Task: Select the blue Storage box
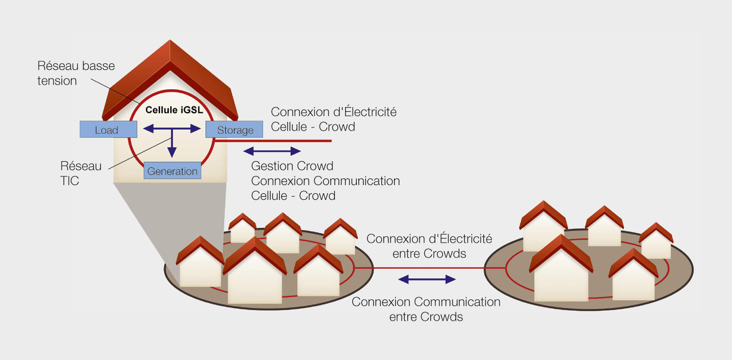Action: coord(234,130)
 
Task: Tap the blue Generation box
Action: coord(172,171)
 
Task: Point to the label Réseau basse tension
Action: coord(76,73)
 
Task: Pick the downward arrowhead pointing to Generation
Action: coord(172,151)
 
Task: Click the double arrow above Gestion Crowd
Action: coord(273,151)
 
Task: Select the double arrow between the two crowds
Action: coord(427,279)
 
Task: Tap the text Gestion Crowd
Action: coord(292,166)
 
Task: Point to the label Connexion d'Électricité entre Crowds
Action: coord(429,246)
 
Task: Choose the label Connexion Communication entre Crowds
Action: coord(426,309)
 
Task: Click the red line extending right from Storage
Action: coord(285,140)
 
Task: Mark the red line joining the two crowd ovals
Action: coord(428,268)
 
